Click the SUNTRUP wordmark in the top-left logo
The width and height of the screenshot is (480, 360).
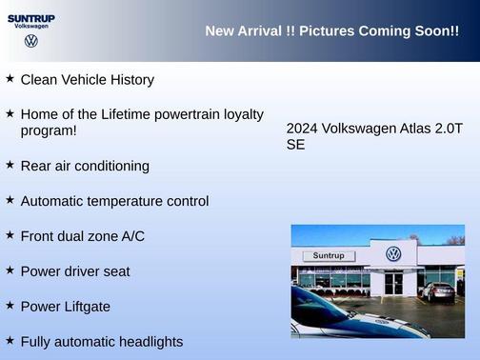point(31,18)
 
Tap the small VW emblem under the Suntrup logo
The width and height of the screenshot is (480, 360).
point(31,41)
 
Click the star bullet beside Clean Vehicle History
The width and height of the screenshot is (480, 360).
point(10,79)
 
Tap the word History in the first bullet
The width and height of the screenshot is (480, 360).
point(129,80)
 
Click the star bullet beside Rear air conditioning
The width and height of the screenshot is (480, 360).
point(10,165)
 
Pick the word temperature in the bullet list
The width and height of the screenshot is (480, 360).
point(133,201)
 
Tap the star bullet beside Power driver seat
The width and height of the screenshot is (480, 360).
point(10,270)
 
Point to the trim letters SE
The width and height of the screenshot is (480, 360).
point(295,146)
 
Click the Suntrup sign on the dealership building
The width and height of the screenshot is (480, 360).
point(329,256)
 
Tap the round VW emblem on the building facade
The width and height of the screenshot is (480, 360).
point(393,254)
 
